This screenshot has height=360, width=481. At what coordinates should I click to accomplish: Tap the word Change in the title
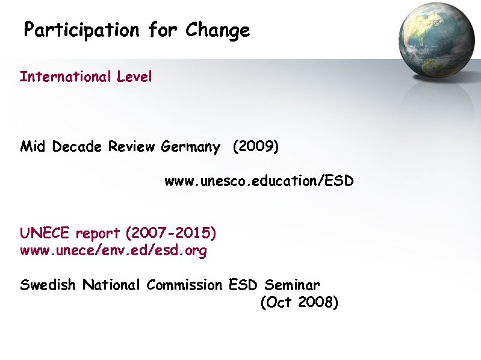coord(217,30)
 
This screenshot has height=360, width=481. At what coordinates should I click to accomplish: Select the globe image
coord(438,40)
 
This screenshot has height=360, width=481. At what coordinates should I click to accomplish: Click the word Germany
coord(190,147)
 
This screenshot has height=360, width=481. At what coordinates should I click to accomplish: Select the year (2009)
coord(255,147)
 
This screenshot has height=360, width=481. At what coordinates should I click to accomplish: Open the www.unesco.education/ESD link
coord(259,181)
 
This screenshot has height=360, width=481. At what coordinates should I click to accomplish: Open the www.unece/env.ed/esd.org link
coord(113,251)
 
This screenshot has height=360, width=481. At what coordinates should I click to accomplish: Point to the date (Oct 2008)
coord(299,303)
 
